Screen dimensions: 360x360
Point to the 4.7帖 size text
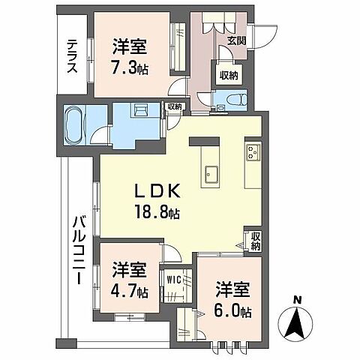click(130, 289)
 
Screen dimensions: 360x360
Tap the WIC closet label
click(175, 280)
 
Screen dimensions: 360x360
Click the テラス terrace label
click(72, 57)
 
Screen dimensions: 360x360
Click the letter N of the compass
click(298, 301)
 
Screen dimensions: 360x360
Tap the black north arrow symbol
click(298, 322)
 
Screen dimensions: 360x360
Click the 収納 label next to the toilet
click(228, 76)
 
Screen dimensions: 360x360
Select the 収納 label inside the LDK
click(256, 241)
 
